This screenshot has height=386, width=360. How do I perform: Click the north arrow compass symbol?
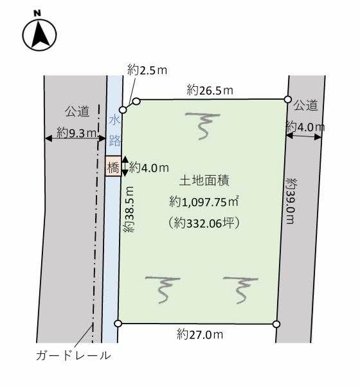(x=39, y=35)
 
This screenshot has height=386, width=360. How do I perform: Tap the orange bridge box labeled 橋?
(x=113, y=166)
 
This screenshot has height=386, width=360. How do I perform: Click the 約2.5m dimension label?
(x=147, y=70)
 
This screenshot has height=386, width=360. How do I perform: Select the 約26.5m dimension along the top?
(x=210, y=90)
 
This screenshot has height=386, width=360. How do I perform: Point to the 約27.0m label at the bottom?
(x=200, y=335)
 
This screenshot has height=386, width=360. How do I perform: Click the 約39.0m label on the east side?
(x=291, y=201)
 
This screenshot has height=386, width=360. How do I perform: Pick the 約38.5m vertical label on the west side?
(x=129, y=209)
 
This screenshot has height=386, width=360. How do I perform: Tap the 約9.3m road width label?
(x=76, y=133)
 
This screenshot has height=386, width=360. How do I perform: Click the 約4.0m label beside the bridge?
(x=149, y=168)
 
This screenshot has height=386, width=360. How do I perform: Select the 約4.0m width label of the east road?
(x=305, y=127)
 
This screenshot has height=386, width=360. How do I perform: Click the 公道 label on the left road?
(x=77, y=111)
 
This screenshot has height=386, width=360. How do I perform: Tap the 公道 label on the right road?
(x=305, y=106)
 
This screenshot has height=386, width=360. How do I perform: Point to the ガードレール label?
(x=73, y=356)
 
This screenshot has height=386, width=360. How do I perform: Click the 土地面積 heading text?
(x=204, y=180)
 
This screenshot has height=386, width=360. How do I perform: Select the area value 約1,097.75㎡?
(x=204, y=202)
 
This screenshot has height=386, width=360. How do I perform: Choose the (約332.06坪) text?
(x=204, y=223)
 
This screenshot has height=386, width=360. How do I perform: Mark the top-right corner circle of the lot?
(x=287, y=99)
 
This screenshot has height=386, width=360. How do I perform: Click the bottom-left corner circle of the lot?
(x=118, y=323)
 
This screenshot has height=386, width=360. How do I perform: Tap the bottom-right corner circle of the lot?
(x=276, y=324)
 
